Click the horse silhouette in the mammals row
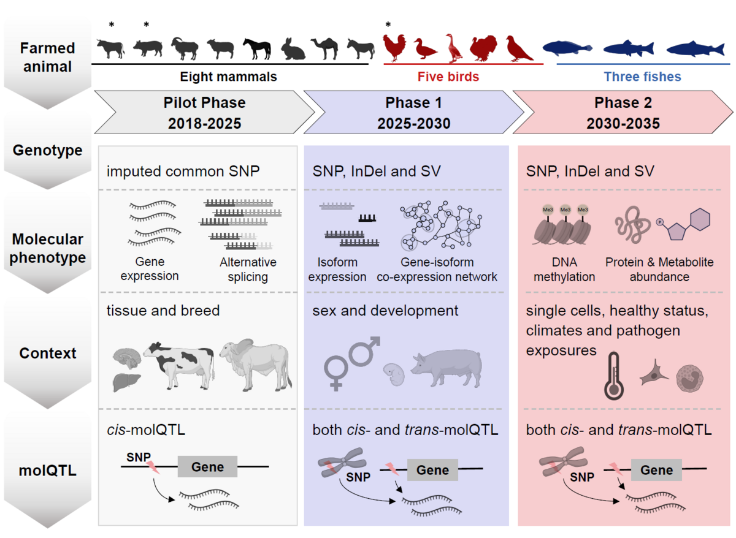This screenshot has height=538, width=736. (x=256, y=48)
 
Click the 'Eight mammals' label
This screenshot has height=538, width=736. (x=228, y=77)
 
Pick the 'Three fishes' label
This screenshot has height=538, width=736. (x=642, y=77)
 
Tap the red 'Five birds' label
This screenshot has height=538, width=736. (x=448, y=77)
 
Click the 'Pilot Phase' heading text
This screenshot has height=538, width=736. (x=204, y=102)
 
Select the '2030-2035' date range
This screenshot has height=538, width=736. (x=623, y=123)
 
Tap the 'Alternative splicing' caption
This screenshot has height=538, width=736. (x=248, y=270)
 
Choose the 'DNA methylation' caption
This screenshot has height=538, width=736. (x=564, y=270)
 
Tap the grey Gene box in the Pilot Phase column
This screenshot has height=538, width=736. (x=207, y=467)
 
